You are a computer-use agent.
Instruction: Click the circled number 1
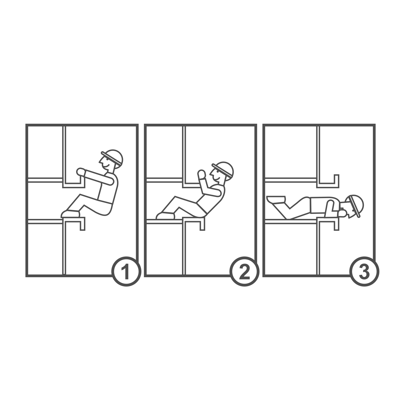(126, 272)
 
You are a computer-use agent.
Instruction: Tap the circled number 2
(244, 272)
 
